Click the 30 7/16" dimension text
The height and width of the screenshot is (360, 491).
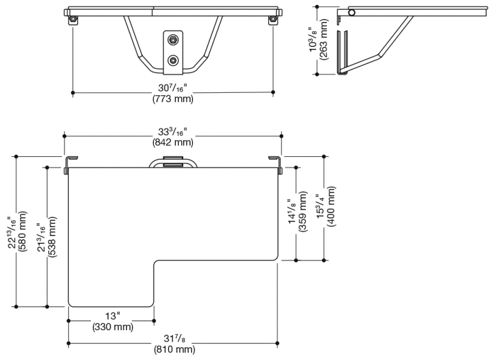(173, 88)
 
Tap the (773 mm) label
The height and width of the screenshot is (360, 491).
(173, 99)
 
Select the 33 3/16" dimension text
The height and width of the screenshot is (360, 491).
(173, 131)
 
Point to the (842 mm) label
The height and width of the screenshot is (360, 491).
(173, 142)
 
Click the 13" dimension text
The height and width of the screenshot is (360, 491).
(112, 316)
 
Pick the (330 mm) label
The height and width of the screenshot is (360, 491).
(112, 327)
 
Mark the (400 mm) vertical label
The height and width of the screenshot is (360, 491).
(330, 207)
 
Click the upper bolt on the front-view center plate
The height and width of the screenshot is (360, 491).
(175, 40)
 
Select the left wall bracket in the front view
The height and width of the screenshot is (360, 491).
(74, 20)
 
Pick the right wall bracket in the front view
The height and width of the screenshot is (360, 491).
(272, 20)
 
